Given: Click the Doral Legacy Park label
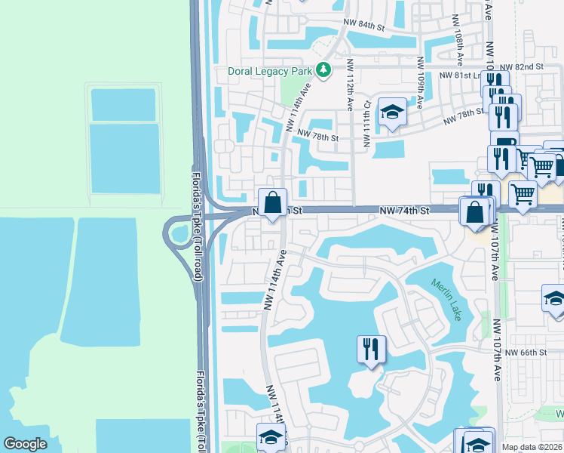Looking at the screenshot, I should point(270,71).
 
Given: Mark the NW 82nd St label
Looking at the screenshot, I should point(528,67).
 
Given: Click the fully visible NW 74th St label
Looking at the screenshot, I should point(404,208).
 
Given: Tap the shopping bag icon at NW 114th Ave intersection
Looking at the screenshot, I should point(272,202).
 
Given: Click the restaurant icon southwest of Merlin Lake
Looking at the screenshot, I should point(371,350).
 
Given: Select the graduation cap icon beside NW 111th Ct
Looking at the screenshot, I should point(391,112).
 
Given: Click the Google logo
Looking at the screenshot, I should point(26,444).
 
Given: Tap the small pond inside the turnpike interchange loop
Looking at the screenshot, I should point(179,233).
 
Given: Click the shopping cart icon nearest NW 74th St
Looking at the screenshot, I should point(522,193).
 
